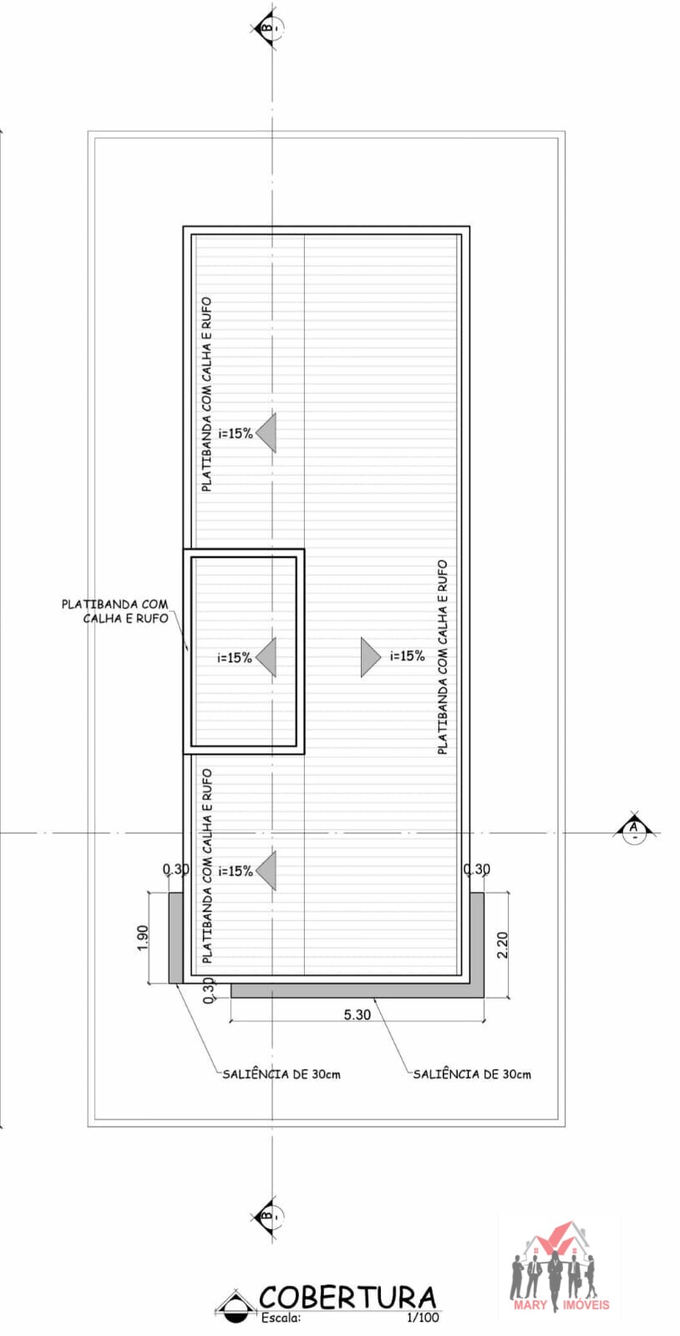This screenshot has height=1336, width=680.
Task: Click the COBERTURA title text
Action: (348, 1298)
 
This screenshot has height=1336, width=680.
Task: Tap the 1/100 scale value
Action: (423, 1318)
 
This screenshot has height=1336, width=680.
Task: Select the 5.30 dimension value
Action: (358, 1015)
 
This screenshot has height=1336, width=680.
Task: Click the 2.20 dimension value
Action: (502, 944)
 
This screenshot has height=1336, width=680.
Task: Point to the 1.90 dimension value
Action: (142, 938)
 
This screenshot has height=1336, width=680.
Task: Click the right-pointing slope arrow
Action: (370, 657)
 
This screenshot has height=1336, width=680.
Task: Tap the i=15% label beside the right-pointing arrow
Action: (408, 656)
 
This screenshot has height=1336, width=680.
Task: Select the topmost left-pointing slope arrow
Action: (266, 433)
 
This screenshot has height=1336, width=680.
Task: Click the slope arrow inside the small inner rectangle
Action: (266, 657)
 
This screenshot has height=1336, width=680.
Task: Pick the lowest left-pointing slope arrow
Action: (266, 871)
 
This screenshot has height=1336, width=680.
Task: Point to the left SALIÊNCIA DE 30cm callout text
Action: (282, 1074)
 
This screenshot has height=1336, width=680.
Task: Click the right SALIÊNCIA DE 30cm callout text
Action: (472, 1074)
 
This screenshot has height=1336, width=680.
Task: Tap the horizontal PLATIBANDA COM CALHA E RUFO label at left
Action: (115, 611)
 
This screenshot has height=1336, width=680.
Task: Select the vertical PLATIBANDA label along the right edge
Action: (442, 656)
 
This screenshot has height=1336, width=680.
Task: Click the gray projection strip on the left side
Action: (175, 938)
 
